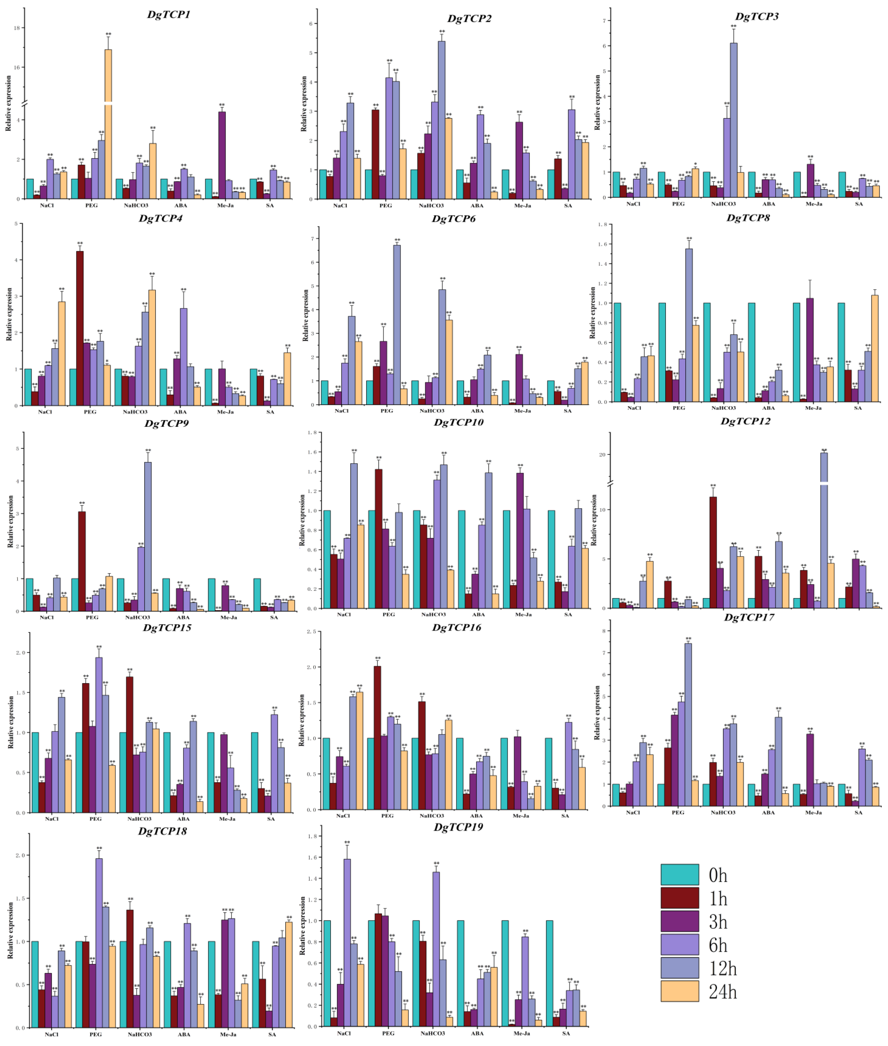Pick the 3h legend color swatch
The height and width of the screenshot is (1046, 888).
pyautogui.click(x=680, y=921)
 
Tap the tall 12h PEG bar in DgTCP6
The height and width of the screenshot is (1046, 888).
pyautogui.click(x=397, y=324)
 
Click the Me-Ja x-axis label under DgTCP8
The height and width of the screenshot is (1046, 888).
pyautogui.click(x=813, y=408)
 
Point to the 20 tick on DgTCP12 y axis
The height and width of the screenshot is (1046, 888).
pyautogui.click(x=602, y=455)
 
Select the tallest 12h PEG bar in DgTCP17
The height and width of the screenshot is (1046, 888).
pyautogui.click(x=688, y=725)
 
